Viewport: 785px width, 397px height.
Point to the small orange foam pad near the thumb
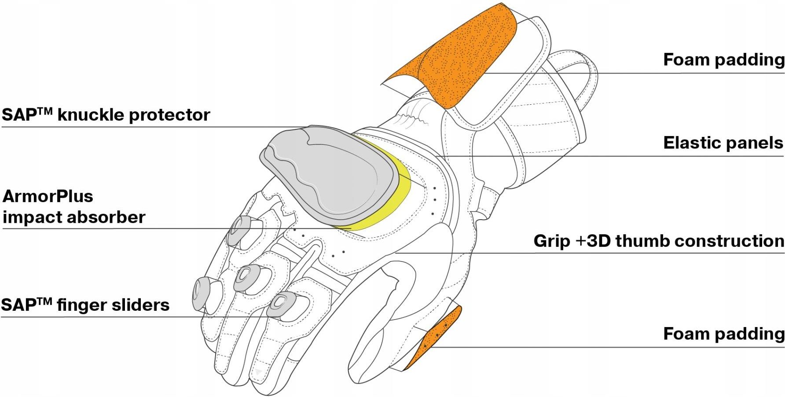coord(436,337)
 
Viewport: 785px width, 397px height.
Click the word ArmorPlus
coord(48,196)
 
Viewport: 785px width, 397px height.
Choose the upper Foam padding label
coord(723,60)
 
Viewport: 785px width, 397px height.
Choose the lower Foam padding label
coord(723,334)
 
